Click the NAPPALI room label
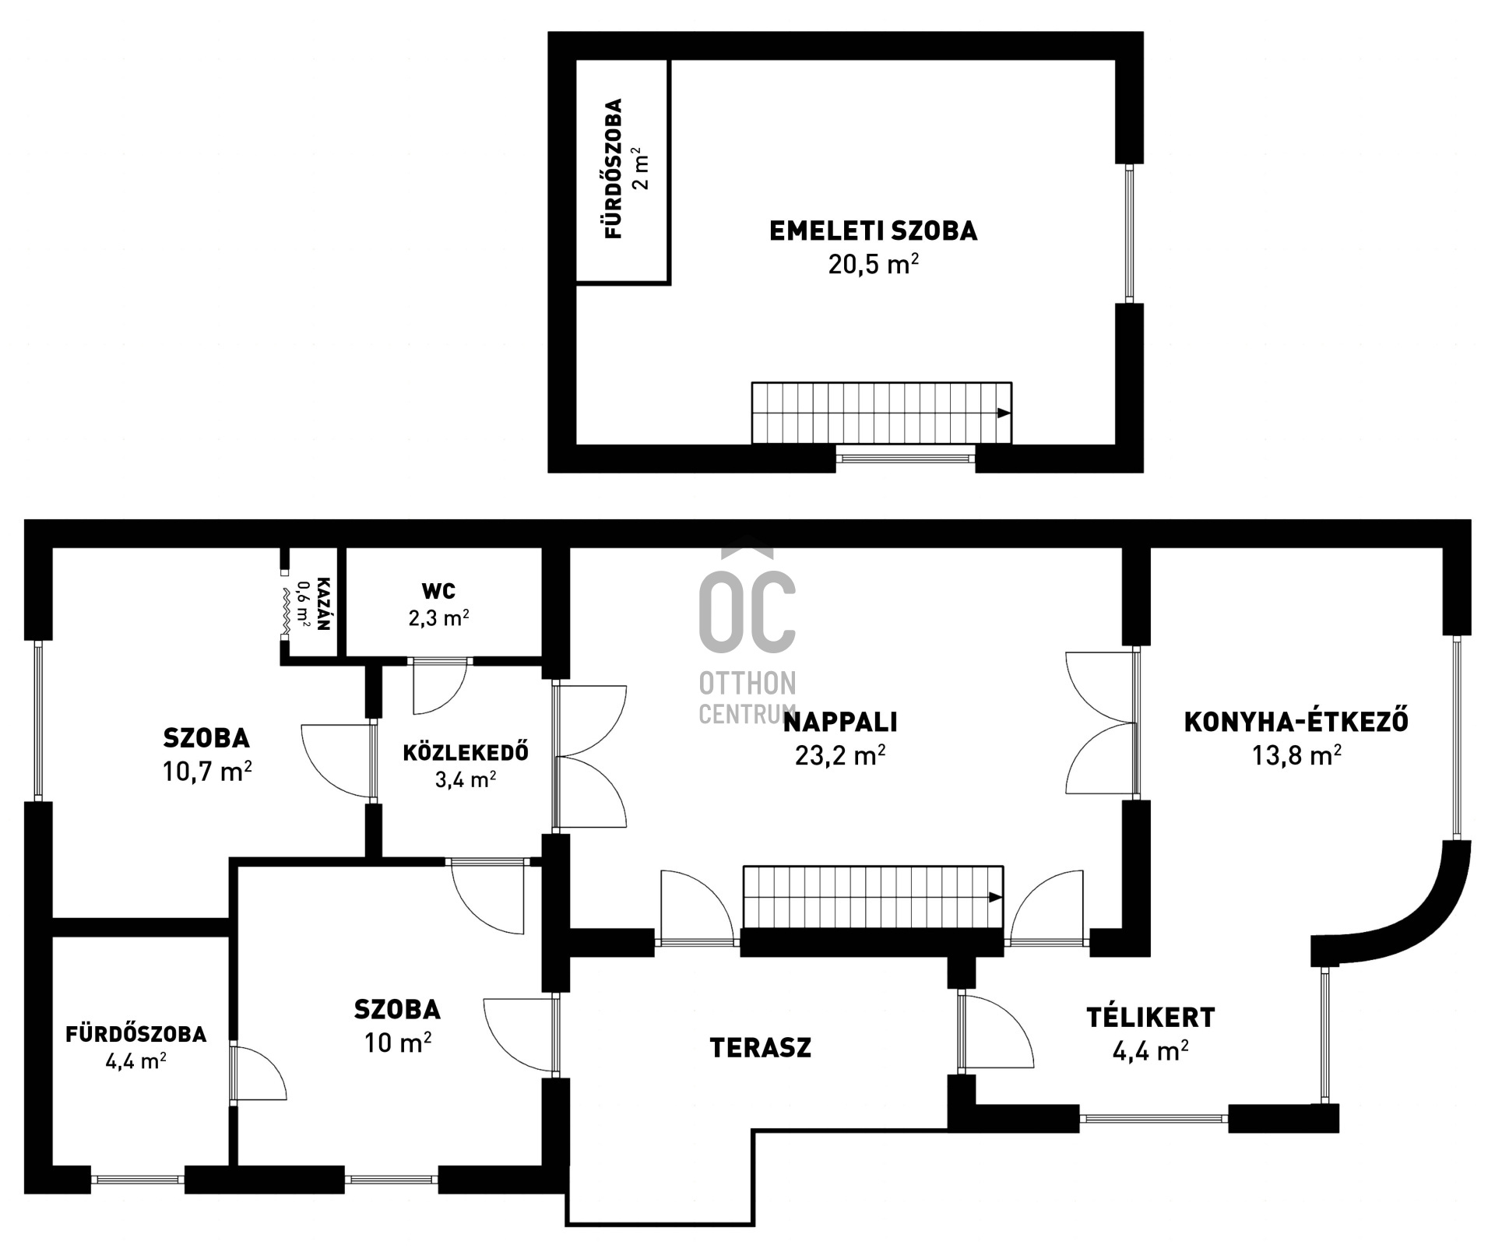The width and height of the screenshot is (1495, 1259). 839,723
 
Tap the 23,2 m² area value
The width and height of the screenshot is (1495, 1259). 839,754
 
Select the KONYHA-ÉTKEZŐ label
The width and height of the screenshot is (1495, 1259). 1296,721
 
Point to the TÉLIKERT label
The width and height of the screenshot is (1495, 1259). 1151,1017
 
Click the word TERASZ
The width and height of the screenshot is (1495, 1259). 761,1048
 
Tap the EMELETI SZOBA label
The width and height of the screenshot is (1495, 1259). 873,231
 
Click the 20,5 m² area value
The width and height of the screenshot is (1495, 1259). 873,264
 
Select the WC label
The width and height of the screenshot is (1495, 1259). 438,591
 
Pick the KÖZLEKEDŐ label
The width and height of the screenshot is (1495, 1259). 466,752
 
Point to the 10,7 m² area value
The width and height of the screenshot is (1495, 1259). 207,772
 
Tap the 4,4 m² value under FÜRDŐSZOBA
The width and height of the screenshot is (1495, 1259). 135,1061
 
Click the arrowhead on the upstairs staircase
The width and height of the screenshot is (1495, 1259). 1004,413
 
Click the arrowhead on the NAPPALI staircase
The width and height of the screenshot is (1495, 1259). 996,897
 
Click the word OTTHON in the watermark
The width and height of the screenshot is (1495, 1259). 747,684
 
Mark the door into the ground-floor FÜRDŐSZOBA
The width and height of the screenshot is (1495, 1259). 259,1073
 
